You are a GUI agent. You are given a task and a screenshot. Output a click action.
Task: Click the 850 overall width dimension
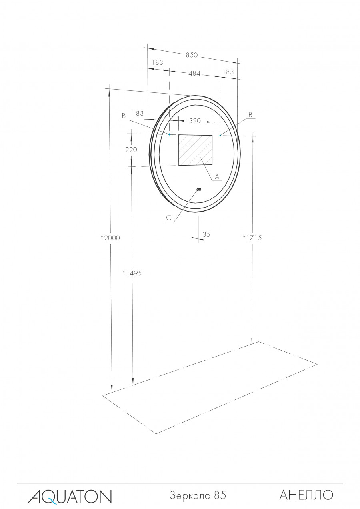point(192,55)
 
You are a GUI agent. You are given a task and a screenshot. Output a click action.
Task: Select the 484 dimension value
point(195,74)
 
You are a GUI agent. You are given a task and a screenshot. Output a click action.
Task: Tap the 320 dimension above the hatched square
point(195,121)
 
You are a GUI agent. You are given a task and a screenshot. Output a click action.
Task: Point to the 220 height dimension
point(131,150)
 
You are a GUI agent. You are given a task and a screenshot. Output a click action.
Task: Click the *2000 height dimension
point(110,238)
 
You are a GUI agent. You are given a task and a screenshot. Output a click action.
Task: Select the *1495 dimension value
point(132,273)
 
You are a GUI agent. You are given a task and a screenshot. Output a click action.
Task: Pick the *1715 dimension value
point(252,238)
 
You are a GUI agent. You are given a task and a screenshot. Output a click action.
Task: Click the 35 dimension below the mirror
point(206,235)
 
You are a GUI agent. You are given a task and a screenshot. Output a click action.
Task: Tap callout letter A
point(217,176)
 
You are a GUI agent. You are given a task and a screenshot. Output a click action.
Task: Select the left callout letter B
point(124,116)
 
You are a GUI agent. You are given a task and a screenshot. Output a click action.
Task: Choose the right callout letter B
point(250,115)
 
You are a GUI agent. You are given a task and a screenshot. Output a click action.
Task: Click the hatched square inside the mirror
point(195,150)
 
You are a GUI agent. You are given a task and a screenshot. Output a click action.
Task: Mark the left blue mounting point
point(169,134)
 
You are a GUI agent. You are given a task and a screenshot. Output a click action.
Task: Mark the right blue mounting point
point(220,136)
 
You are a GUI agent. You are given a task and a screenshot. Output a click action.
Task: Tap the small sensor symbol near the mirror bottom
point(199,189)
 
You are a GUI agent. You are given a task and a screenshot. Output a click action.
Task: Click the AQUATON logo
point(70,496)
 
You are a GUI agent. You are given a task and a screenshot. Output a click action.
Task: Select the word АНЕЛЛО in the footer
point(306,495)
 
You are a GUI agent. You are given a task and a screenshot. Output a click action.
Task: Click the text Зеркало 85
point(198,495)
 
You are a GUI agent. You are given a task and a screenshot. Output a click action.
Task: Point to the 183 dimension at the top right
point(228,72)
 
